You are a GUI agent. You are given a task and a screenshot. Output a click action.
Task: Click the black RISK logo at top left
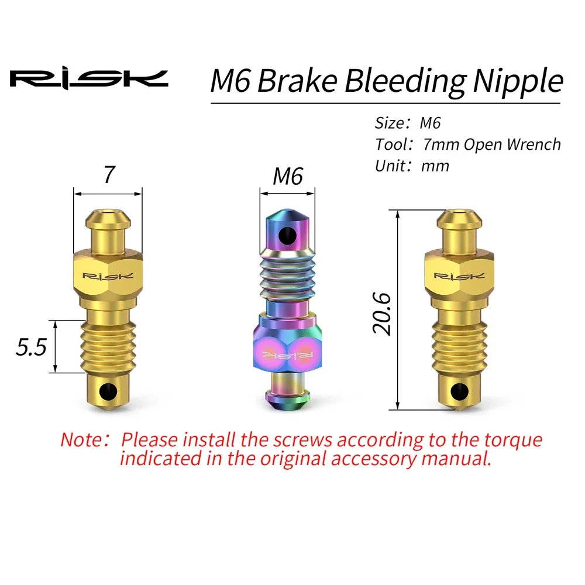click(x=88, y=79)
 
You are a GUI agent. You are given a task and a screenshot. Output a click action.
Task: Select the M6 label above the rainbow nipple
click(x=288, y=175)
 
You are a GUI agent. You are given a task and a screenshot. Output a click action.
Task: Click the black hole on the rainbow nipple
click(x=287, y=236)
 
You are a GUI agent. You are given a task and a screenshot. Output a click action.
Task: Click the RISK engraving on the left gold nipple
click(x=108, y=276)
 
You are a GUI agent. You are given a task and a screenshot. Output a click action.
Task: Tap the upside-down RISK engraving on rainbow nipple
click(x=287, y=353)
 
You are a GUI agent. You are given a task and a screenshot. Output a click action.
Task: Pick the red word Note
click(x=82, y=439)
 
